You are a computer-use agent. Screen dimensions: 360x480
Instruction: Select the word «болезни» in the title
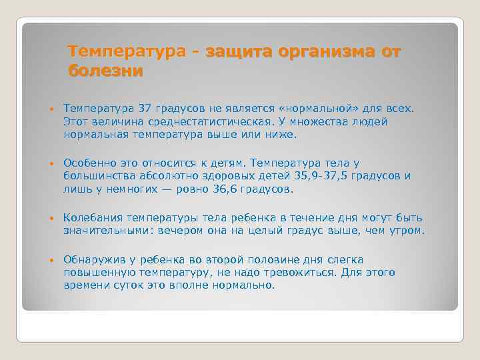click(x=105, y=71)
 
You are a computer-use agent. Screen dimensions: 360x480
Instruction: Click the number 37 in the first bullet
click(x=145, y=108)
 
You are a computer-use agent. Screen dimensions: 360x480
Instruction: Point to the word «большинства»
click(x=97, y=176)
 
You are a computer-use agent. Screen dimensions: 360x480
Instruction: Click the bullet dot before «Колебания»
click(x=50, y=219)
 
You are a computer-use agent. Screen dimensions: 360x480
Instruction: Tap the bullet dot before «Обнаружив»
click(x=50, y=260)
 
